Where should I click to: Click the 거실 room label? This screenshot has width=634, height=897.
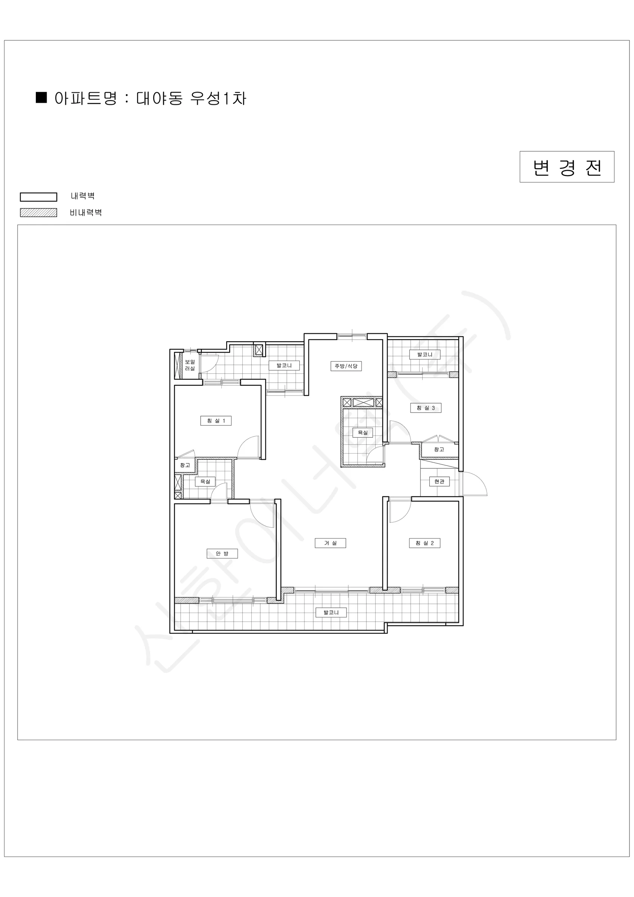[x=330, y=543]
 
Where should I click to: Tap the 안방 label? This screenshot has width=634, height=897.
[x=222, y=554]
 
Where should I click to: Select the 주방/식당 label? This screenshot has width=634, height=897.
[x=346, y=366]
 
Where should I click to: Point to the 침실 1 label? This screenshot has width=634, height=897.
[x=216, y=421]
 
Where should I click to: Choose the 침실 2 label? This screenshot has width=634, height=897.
[x=425, y=543]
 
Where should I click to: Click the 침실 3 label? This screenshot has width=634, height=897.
[x=426, y=408]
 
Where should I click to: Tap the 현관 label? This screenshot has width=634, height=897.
[x=439, y=482]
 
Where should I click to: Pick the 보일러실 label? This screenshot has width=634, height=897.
[x=190, y=365]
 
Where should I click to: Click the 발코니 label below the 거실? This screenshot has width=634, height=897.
[x=331, y=613]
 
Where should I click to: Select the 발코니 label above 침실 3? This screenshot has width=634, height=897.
[x=425, y=355]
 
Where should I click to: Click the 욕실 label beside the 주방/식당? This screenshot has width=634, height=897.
[x=363, y=432]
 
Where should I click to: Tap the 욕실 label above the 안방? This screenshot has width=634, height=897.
[x=205, y=482]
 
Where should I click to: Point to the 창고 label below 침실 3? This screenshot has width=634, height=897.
[x=439, y=450]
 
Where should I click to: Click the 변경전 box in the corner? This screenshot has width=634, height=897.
[x=567, y=167]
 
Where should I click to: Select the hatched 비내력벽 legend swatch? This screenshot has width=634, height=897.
[x=39, y=213]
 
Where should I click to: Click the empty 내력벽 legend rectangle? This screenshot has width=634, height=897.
[x=39, y=197]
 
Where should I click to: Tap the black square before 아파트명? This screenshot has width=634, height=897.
[x=41, y=97]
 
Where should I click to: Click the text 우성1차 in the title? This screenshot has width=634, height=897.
[x=218, y=98]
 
